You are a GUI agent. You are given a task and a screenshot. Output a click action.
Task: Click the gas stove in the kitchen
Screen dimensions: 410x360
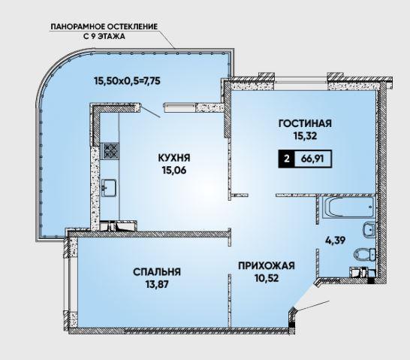tap(110, 151)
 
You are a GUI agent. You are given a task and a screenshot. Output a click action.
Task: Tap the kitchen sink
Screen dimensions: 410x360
tap(110, 187)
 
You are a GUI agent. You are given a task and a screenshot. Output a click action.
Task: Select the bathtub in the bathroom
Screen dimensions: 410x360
tap(348, 207)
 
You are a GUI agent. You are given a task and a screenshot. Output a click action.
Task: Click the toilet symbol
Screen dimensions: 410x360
tap(365, 254)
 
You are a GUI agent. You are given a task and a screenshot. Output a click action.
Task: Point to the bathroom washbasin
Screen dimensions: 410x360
tap(369, 229)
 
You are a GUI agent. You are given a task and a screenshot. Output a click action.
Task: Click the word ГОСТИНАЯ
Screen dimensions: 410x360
tap(305, 123)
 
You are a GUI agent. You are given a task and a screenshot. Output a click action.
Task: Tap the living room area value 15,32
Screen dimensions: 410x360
tap(305, 136)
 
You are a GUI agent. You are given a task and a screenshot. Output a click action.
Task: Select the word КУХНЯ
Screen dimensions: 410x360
tap(174, 158)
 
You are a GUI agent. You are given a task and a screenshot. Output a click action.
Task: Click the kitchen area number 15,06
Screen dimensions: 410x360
tap(174, 171)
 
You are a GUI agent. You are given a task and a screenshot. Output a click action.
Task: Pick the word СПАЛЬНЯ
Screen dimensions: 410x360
tap(157, 272)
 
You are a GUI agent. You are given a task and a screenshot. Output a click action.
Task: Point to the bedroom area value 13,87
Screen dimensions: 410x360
tap(157, 284)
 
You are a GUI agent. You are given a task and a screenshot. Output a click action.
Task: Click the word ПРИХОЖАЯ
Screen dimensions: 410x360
tap(267, 265)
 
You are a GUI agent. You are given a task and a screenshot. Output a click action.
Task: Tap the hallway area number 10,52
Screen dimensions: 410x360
tap(267, 278)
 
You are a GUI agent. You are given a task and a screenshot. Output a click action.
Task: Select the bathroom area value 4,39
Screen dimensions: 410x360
tap(335, 240)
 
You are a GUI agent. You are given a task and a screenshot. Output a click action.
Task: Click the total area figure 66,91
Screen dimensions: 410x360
tap(312, 159)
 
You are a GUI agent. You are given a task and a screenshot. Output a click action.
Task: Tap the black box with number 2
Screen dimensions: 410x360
tap(287, 159)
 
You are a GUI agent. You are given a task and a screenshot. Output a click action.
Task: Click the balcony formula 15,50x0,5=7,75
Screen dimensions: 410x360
tap(127, 81)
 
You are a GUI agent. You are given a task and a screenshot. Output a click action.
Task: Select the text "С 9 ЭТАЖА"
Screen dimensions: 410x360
tap(104, 36)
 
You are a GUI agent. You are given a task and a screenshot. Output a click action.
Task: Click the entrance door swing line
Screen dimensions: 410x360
tap(312, 306)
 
